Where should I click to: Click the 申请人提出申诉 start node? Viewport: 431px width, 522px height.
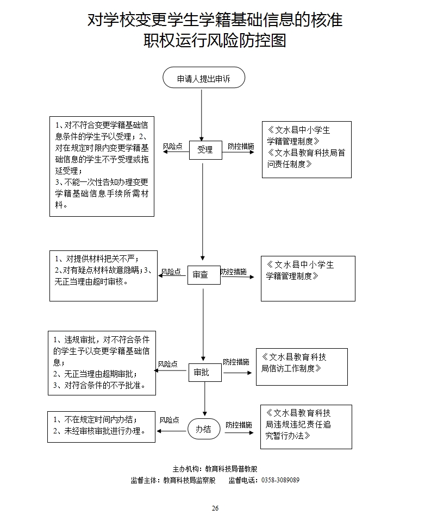[204, 78]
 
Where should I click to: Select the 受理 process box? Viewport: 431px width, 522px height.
[205, 150]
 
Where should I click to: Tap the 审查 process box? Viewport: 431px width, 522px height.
[204, 275]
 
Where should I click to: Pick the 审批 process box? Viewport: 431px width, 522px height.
[205, 373]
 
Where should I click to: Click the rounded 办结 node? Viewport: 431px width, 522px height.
[204, 429]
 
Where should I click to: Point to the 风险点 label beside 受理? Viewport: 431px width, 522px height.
[172, 147]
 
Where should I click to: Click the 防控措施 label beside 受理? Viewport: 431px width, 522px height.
[240, 147]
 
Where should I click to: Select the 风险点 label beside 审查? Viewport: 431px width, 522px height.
[171, 272]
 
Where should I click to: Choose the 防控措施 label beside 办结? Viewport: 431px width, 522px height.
[239, 425]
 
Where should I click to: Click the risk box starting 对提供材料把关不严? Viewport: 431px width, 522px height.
[103, 276]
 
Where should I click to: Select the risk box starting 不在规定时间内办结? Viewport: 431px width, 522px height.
[102, 426]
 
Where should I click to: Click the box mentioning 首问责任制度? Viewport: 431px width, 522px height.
[307, 149]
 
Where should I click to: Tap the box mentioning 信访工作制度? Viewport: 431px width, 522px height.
[302, 367]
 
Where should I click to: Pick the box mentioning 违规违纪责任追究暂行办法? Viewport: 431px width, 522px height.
[306, 426]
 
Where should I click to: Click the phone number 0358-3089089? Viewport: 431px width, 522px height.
[280, 480]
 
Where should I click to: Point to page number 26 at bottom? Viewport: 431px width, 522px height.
[215, 508]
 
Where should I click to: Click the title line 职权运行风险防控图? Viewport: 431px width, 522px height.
[215, 41]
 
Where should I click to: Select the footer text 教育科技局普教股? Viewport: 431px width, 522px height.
[235, 469]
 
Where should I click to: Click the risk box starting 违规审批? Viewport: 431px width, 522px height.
[102, 363]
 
